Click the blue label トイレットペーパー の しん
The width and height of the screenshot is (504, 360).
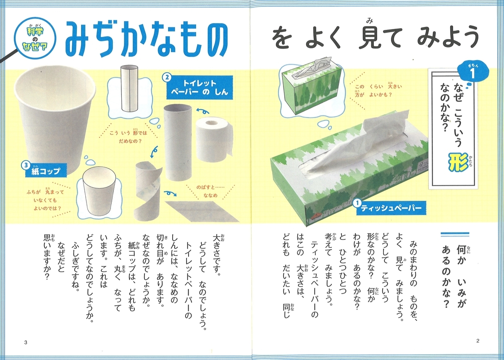[199, 87]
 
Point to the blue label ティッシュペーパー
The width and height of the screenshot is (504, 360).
[391, 208]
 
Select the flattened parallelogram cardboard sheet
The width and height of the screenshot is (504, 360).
[202, 211]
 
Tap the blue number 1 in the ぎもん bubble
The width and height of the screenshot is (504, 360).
[472, 74]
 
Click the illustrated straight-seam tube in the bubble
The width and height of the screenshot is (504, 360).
[129, 89]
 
